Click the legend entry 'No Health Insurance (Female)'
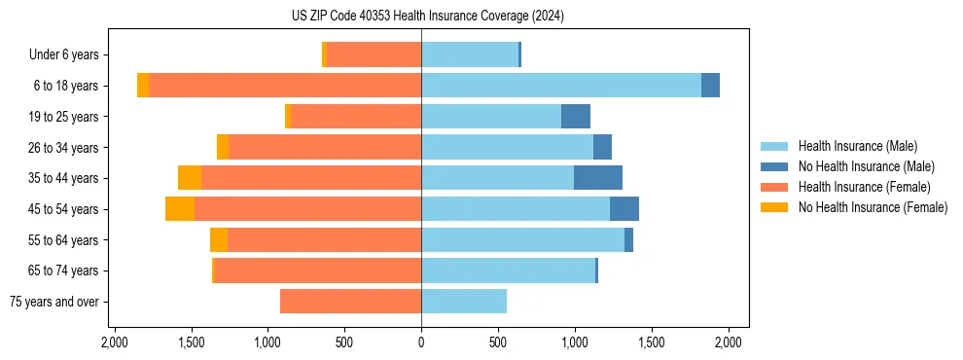click(872, 207)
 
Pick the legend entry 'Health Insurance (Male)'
click(857, 146)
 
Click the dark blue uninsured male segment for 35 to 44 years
click(597, 178)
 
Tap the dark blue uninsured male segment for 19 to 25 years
click(576, 117)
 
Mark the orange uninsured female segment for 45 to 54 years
click(180, 209)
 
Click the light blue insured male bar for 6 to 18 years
click(561, 86)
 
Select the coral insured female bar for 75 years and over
click(350, 302)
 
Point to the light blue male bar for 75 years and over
click(464, 302)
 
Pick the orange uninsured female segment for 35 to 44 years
click(190, 178)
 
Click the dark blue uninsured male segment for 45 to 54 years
click(624, 209)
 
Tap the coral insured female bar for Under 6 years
click(374, 55)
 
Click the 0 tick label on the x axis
click(421, 342)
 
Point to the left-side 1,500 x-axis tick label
click(191, 342)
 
